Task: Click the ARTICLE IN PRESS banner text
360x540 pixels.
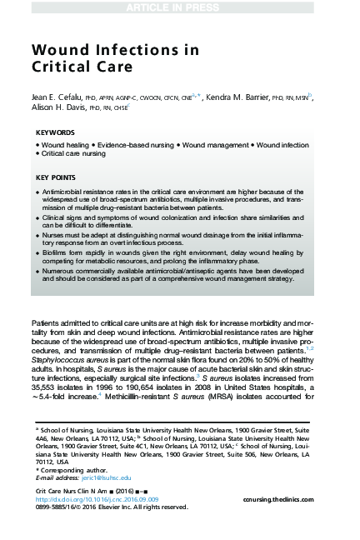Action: click(179, 7)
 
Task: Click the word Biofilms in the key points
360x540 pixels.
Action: click(56, 257)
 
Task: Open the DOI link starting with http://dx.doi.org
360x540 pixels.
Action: click(91, 499)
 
